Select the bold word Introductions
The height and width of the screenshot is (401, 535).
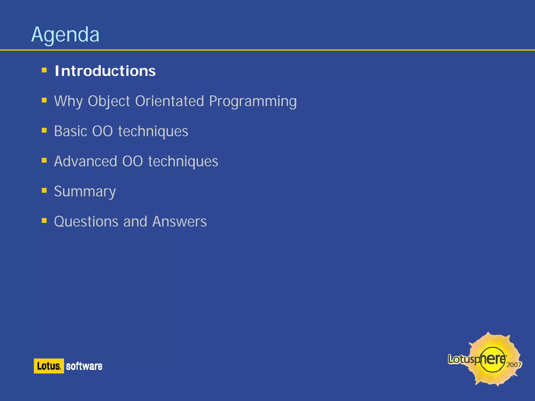[105, 71]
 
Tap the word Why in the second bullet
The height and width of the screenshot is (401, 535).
[68, 101]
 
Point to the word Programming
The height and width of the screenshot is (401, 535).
[253, 101]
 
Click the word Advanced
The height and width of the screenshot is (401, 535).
[85, 161]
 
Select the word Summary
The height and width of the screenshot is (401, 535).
[85, 192]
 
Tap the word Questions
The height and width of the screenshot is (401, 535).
[86, 221]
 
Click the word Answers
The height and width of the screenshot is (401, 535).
[179, 221]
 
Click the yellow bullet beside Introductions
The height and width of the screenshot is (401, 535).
[44, 70]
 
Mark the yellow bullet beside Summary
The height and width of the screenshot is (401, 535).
[44, 190]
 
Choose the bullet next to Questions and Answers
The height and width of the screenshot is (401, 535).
[44, 221]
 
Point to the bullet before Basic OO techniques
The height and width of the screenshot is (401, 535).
[44, 130]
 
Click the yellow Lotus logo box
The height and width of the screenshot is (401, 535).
[49, 366]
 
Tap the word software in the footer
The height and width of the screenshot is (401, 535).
[84, 366]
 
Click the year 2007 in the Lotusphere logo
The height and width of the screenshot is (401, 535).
[514, 365]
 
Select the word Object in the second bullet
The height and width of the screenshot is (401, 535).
[109, 101]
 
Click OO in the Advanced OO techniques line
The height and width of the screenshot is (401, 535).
[132, 161]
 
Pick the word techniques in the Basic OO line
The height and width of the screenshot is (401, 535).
[153, 131]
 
